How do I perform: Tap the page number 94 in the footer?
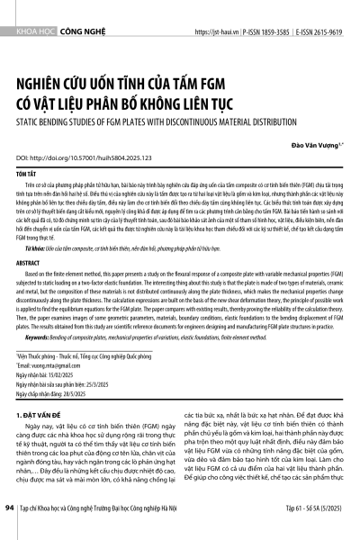coord(10,532)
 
